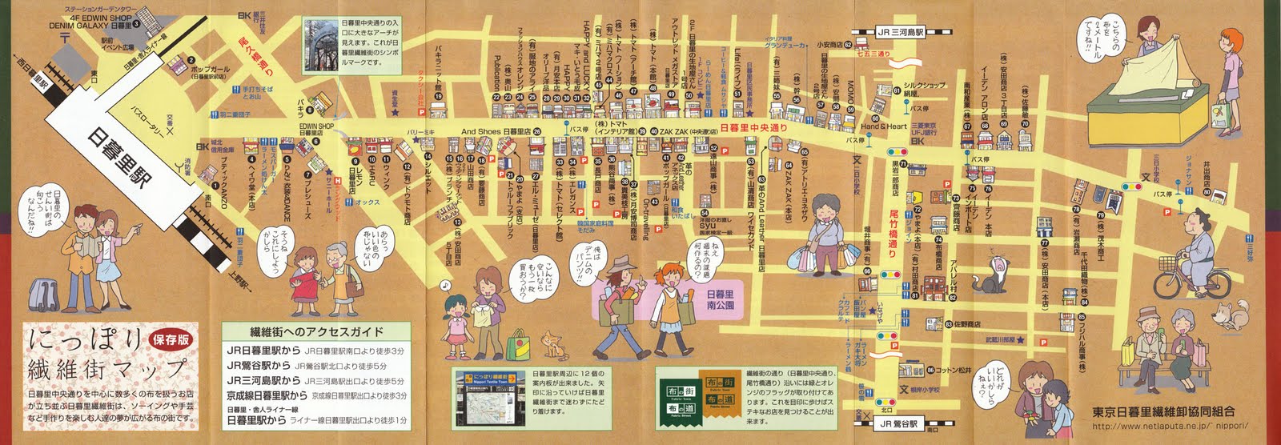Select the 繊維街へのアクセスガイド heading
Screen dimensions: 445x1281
pos(315,331)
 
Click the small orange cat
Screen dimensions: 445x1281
pos(552,344)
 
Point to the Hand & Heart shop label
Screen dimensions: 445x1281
pos(883,126)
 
